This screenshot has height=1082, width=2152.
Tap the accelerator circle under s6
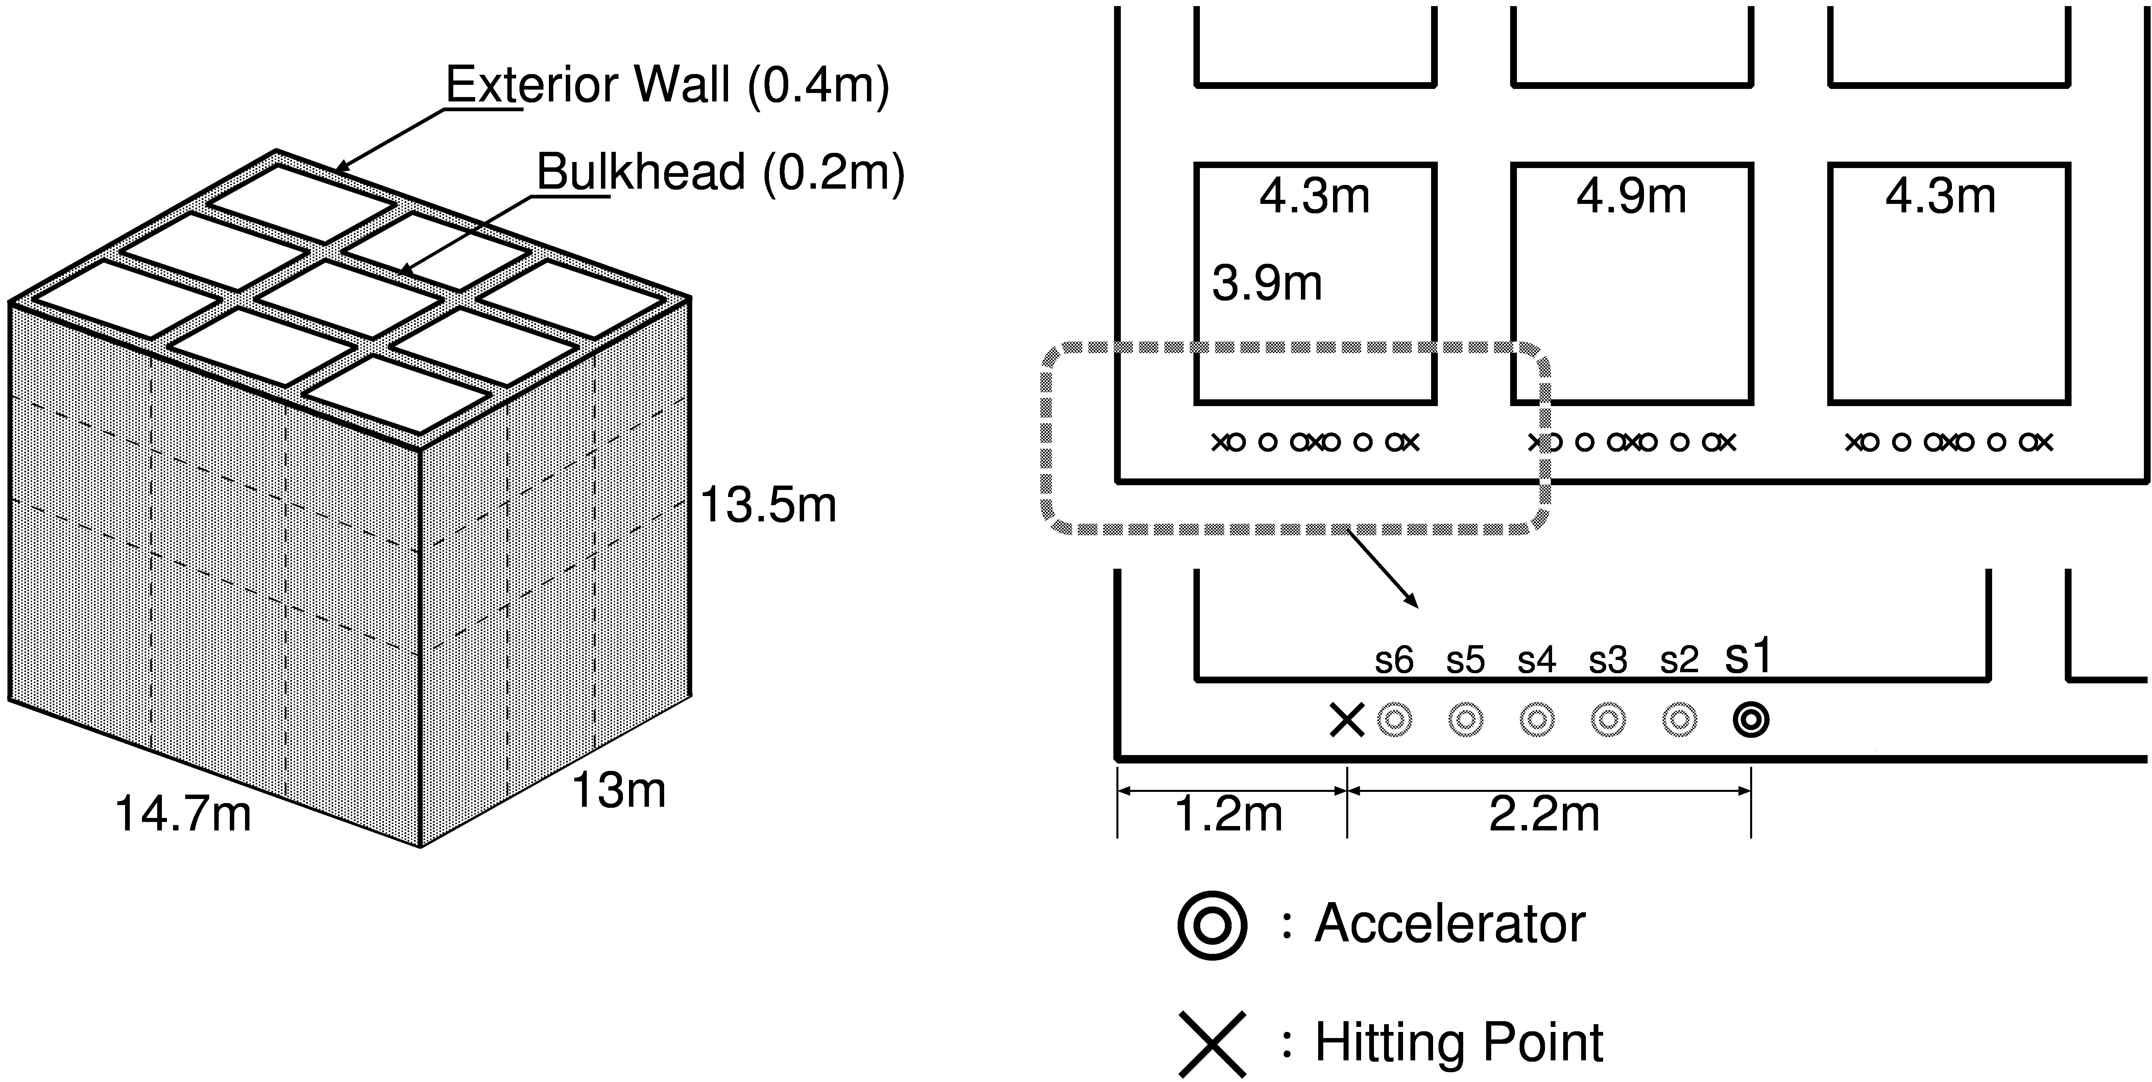coord(1394,719)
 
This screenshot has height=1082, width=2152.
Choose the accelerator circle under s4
coord(1537,719)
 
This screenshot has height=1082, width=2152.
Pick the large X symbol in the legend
coord(1212,1043)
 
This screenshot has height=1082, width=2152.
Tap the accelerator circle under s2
coord(1679,719)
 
